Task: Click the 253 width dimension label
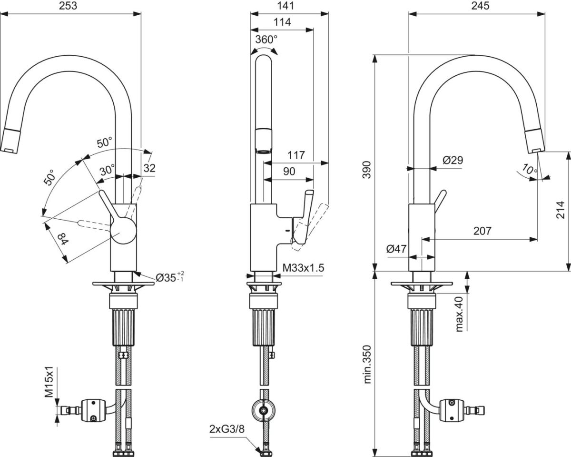point(68,6)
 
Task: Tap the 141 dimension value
point(285,6)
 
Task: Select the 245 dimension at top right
point(480,6)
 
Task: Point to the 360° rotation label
point(266,40)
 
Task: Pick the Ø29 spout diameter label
point(453,160)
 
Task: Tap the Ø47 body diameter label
point(396,249)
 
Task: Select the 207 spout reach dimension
point(482,231)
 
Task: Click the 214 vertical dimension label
point(561,210)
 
